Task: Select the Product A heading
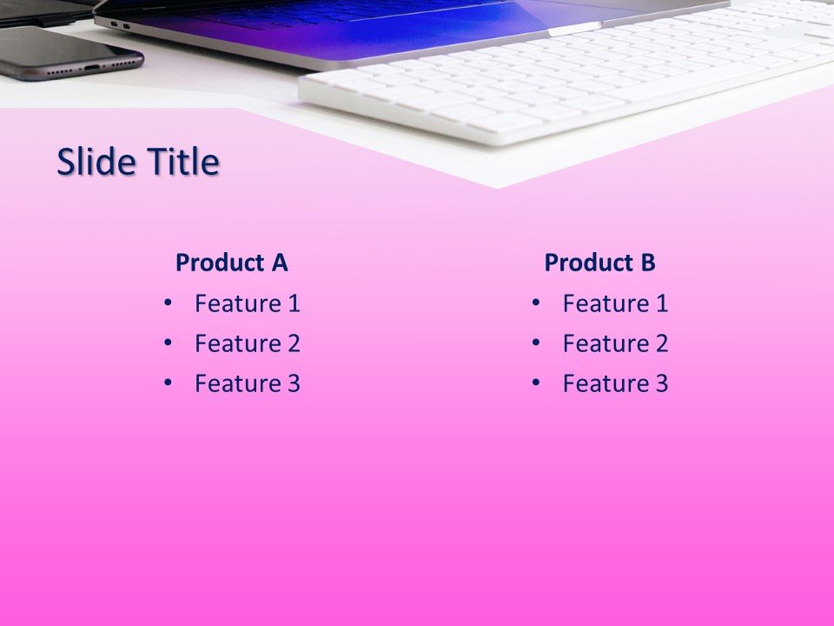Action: point(231,263)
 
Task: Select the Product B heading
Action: point(599,263)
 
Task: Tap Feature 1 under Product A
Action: point(248,303)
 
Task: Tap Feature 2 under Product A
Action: point(248,343)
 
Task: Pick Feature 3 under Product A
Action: point(248,383)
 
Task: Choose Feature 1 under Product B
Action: point(615,303)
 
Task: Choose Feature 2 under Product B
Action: point(615,343)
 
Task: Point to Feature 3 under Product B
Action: point(615,383)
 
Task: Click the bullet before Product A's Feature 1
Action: point(168,303)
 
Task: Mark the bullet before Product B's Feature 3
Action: point(535,383)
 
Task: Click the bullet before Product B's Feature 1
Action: point(535,303)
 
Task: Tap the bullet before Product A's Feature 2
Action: point(168,343)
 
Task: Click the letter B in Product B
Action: point(648,263)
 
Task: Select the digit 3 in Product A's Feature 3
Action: point(294,383)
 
